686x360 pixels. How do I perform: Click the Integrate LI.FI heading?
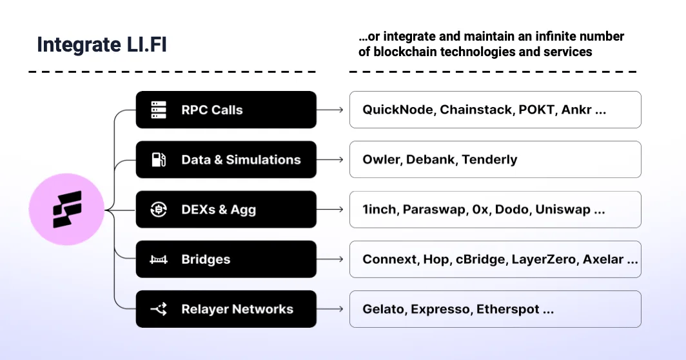tap(102, 45)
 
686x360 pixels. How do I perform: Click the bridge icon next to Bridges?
tap(159, 259)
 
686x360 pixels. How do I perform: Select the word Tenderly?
tap(490, 159)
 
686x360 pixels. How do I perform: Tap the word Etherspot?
tap(507, 309)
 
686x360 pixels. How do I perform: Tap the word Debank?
tap(431, 159)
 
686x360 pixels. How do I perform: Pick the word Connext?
tap(389, 259)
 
